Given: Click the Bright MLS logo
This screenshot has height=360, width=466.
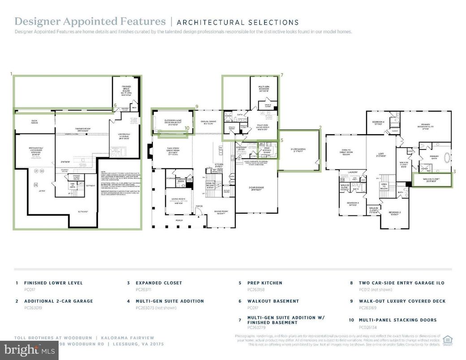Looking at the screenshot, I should pos(29,350).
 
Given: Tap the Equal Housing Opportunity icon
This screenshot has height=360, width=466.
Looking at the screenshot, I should pos(447,339).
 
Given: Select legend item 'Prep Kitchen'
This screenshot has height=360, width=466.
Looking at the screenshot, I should pos(266,283).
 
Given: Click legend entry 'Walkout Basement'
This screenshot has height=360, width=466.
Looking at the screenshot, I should pos(273,301).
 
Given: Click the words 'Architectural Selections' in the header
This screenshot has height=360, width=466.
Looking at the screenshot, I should pos(237,22).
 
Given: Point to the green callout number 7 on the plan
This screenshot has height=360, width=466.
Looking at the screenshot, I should pos(281,75).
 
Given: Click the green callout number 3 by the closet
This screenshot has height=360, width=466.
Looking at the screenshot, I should pos(454,171).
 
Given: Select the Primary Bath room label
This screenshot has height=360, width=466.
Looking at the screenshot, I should pos(434,156).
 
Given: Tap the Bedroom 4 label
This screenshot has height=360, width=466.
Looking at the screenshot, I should pos(379,122).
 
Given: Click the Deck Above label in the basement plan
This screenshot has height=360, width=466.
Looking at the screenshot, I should pos(34,121).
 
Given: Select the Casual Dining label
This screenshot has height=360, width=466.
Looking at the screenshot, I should pos(208,122).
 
